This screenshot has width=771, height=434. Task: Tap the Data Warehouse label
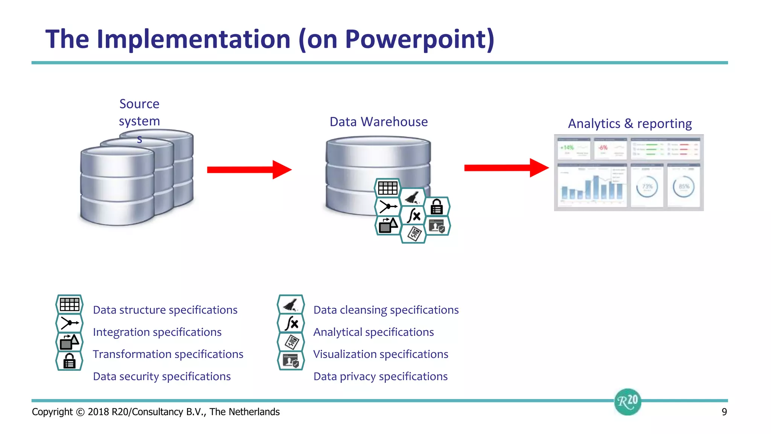coord(378,122)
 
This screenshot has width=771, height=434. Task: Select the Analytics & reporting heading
coord(629,124)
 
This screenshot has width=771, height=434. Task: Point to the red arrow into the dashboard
coord(506,168)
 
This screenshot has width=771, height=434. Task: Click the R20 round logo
coord(628,402)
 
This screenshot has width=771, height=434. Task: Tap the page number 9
coord(724,412)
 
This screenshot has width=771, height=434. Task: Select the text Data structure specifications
coord(165,310)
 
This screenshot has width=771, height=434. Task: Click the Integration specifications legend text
coord(157,332)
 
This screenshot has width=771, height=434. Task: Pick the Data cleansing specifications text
coord(386,310)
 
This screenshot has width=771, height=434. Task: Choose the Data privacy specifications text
coord(380,377)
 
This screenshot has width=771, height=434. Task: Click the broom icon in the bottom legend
coord(291,305)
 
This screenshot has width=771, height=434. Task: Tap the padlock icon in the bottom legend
coord(69,361)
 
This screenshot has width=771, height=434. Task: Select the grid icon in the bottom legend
coord(69,305)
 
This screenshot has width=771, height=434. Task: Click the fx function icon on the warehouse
coord(413,216)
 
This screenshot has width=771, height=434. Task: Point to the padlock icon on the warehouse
coord(437,207)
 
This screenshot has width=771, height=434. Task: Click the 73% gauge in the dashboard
coord(647,187)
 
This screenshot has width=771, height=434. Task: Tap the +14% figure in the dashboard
coord(567,148)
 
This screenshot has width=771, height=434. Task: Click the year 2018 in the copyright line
coord(98,412)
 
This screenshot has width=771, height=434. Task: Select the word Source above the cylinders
coord(139,104)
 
